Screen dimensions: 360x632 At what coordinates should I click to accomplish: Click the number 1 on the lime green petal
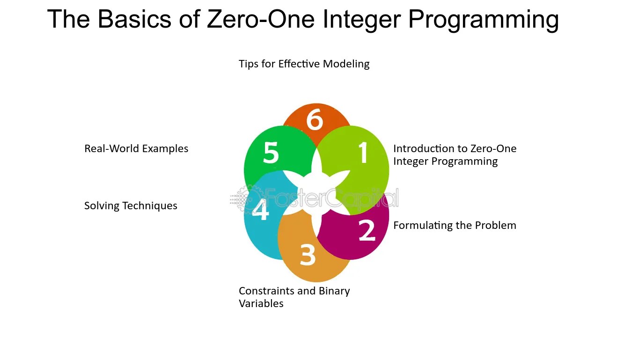363,153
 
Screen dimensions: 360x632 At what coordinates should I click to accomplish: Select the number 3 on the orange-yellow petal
308,255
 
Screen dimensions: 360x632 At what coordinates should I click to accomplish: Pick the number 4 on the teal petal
260,210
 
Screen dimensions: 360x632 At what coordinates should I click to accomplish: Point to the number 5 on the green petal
271,153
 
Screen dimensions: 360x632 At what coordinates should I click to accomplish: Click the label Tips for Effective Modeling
304,64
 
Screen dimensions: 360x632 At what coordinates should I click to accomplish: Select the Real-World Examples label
136,149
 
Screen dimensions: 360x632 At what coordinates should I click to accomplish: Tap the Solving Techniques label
131,206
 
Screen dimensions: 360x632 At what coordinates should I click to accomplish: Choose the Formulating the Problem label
455,226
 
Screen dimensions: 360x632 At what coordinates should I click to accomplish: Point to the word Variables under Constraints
261,304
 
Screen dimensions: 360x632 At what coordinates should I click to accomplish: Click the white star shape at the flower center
316,191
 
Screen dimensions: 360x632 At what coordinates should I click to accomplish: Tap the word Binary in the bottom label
334,291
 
